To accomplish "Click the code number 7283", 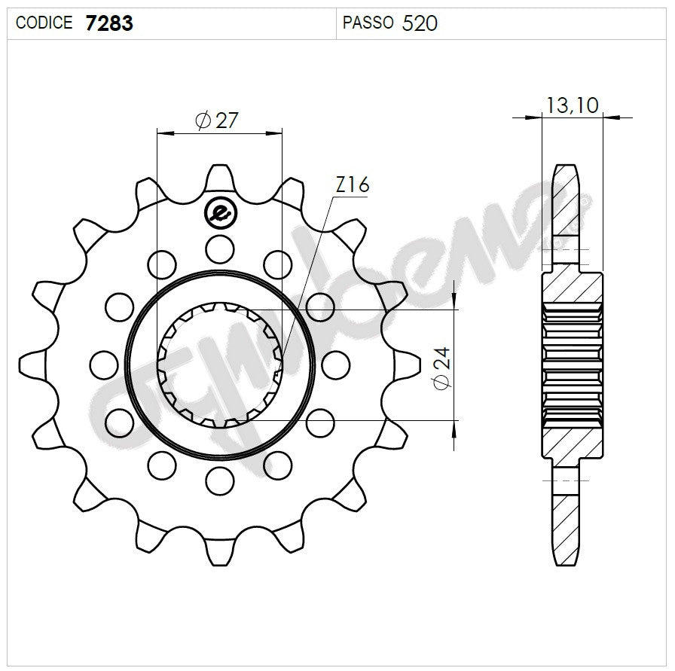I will pyautogui.click(x=109, y=23).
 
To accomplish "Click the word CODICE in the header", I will pyautogui.click(x=44, y=23).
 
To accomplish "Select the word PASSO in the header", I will pyautogui.click(x=368, y=23).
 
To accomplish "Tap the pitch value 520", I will pyautogui.click(x=420, y=23).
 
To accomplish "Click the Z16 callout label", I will pyautogui.click(x=351, y=185).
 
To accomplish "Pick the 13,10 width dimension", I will pyautogui.click(x=573, y=105).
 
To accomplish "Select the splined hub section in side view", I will pyautogui.click(x=573, y=364).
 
